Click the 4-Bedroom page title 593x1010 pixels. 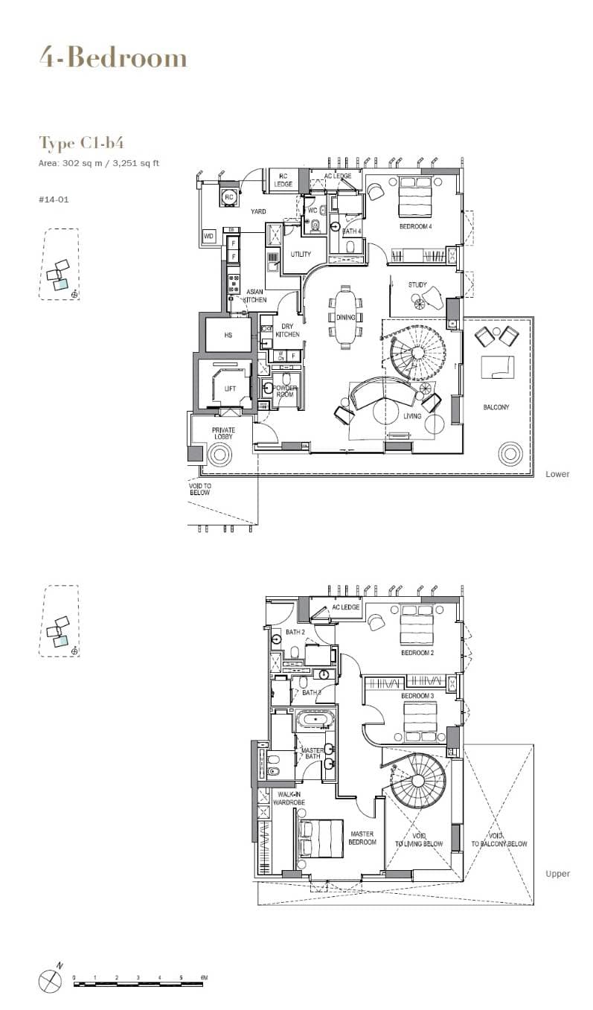(x=113, y=57)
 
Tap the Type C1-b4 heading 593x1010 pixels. (x=76, y=143)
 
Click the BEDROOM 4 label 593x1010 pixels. (x=415, y=226)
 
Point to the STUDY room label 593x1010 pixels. (x=417, y=285)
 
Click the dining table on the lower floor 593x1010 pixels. (x=346, y=318)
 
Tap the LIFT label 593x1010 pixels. (x=230, y=389)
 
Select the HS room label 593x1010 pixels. (x=228, y=336)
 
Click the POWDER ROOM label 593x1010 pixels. (x=285, y=392)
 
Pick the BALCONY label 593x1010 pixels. (x=496, y=407)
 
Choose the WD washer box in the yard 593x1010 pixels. (x=208, y=237)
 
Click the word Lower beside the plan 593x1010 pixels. (x=557, y=474)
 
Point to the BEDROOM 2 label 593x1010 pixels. (x=417, y=653)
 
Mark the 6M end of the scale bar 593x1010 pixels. (x=202, y=977)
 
